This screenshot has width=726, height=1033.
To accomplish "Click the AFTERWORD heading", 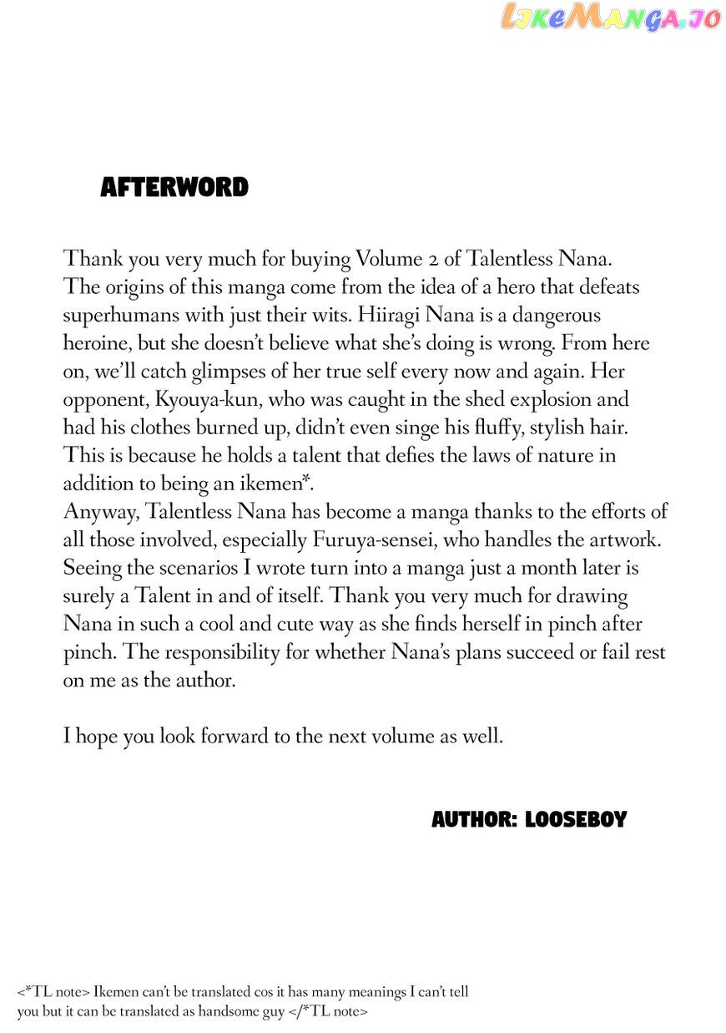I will pos(174,188).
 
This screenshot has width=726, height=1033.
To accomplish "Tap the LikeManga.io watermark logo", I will pos(610,17).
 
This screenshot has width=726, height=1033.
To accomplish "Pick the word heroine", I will pos(98,343).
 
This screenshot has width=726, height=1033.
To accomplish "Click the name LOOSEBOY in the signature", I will pos(576,820).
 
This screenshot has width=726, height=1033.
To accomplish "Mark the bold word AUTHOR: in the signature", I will pos(473,820).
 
